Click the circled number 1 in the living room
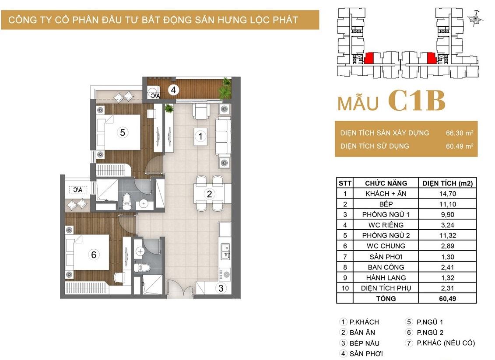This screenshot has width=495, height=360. (x=200, y=136)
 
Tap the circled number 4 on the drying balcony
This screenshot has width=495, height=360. (x=173, y=90)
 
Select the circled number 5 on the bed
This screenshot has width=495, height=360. (x=123, y=132)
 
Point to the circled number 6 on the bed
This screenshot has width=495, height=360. (x=94, y=254)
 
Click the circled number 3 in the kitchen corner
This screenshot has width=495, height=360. (x=221, y=288)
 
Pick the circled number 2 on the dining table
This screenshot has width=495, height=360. (x=209, y=194)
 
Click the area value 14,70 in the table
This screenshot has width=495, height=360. (x=447, y=194)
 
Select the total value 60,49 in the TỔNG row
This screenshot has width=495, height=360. (x=447, y=298)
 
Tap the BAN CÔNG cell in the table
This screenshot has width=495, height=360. (x=386, y=267)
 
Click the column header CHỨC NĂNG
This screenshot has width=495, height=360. (x=386, y=183)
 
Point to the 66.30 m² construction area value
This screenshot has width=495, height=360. (x=459, y=133)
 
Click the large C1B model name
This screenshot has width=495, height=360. (x=417, y=101)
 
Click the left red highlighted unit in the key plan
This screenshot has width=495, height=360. (x=369, y=58)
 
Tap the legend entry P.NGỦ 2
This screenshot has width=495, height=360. (x=430, y=332)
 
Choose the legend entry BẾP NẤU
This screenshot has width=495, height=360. (x=364, y=343)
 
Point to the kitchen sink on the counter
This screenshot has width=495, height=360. (x=225, y=252)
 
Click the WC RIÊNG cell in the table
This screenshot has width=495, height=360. (x=386, y=225)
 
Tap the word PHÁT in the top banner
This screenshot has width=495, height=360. (x=285, y=20)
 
